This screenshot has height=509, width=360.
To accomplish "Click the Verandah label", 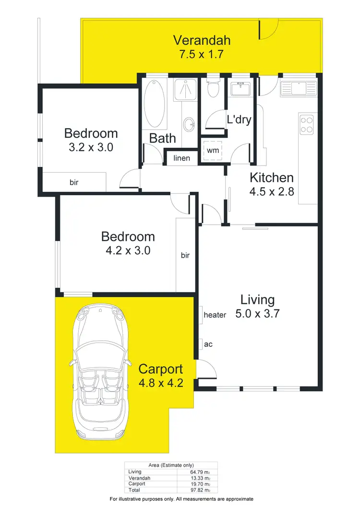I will click(x=202, y=40).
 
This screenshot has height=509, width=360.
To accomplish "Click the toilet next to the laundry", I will click(x=212, y=88).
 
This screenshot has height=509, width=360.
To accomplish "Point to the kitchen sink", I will click(x=298, y=88).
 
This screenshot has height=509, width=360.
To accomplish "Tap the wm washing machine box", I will click(x=212, y=151).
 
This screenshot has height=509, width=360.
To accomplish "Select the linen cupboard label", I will click(x=181, y=158).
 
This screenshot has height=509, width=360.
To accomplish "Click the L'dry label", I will click(x=239, y=119).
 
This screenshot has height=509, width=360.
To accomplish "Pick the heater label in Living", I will click(x=215, y=315).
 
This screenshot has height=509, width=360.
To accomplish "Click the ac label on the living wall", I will click(x=208, y=344).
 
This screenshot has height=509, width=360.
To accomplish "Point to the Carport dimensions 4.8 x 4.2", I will click(x=160, y=383).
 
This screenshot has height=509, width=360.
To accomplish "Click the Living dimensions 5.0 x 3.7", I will click(x=257, y=314).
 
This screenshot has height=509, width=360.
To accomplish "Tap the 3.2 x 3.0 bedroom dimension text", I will click(x=91, y=147).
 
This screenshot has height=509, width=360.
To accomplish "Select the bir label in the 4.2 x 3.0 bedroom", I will click(x=185, y=256).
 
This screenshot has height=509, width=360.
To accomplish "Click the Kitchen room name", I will click(x=271, y=178).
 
